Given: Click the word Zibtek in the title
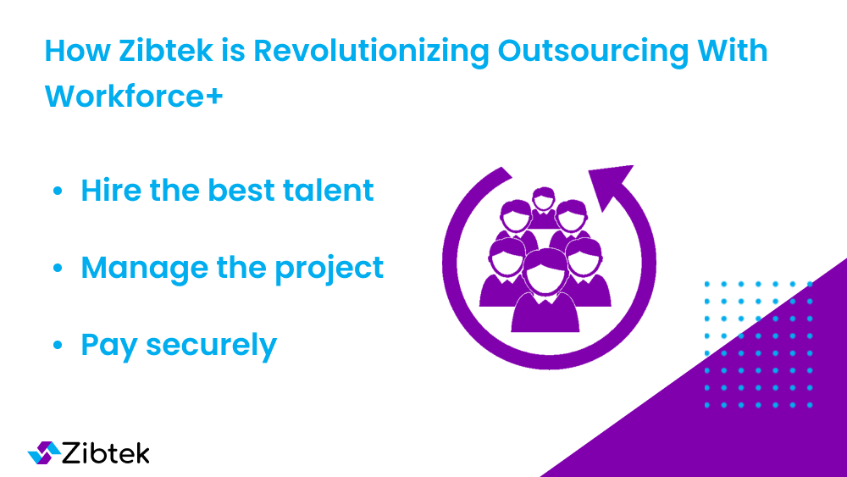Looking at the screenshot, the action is (166, 50).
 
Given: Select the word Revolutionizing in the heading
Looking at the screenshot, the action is (371, 52).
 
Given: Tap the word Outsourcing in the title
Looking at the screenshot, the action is (593, 52).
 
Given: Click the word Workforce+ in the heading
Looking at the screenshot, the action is (134, 96).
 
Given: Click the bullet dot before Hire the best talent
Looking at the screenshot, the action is (58, 191).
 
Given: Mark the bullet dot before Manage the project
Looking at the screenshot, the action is (58, 268).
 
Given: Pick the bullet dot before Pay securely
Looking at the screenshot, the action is (58, 345).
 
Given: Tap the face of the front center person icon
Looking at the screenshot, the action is (545, 275).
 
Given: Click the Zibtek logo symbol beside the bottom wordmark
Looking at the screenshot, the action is (44, 452).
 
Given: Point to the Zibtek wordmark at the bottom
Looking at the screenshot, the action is (106, 452).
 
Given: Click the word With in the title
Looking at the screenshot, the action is (732, 50).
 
